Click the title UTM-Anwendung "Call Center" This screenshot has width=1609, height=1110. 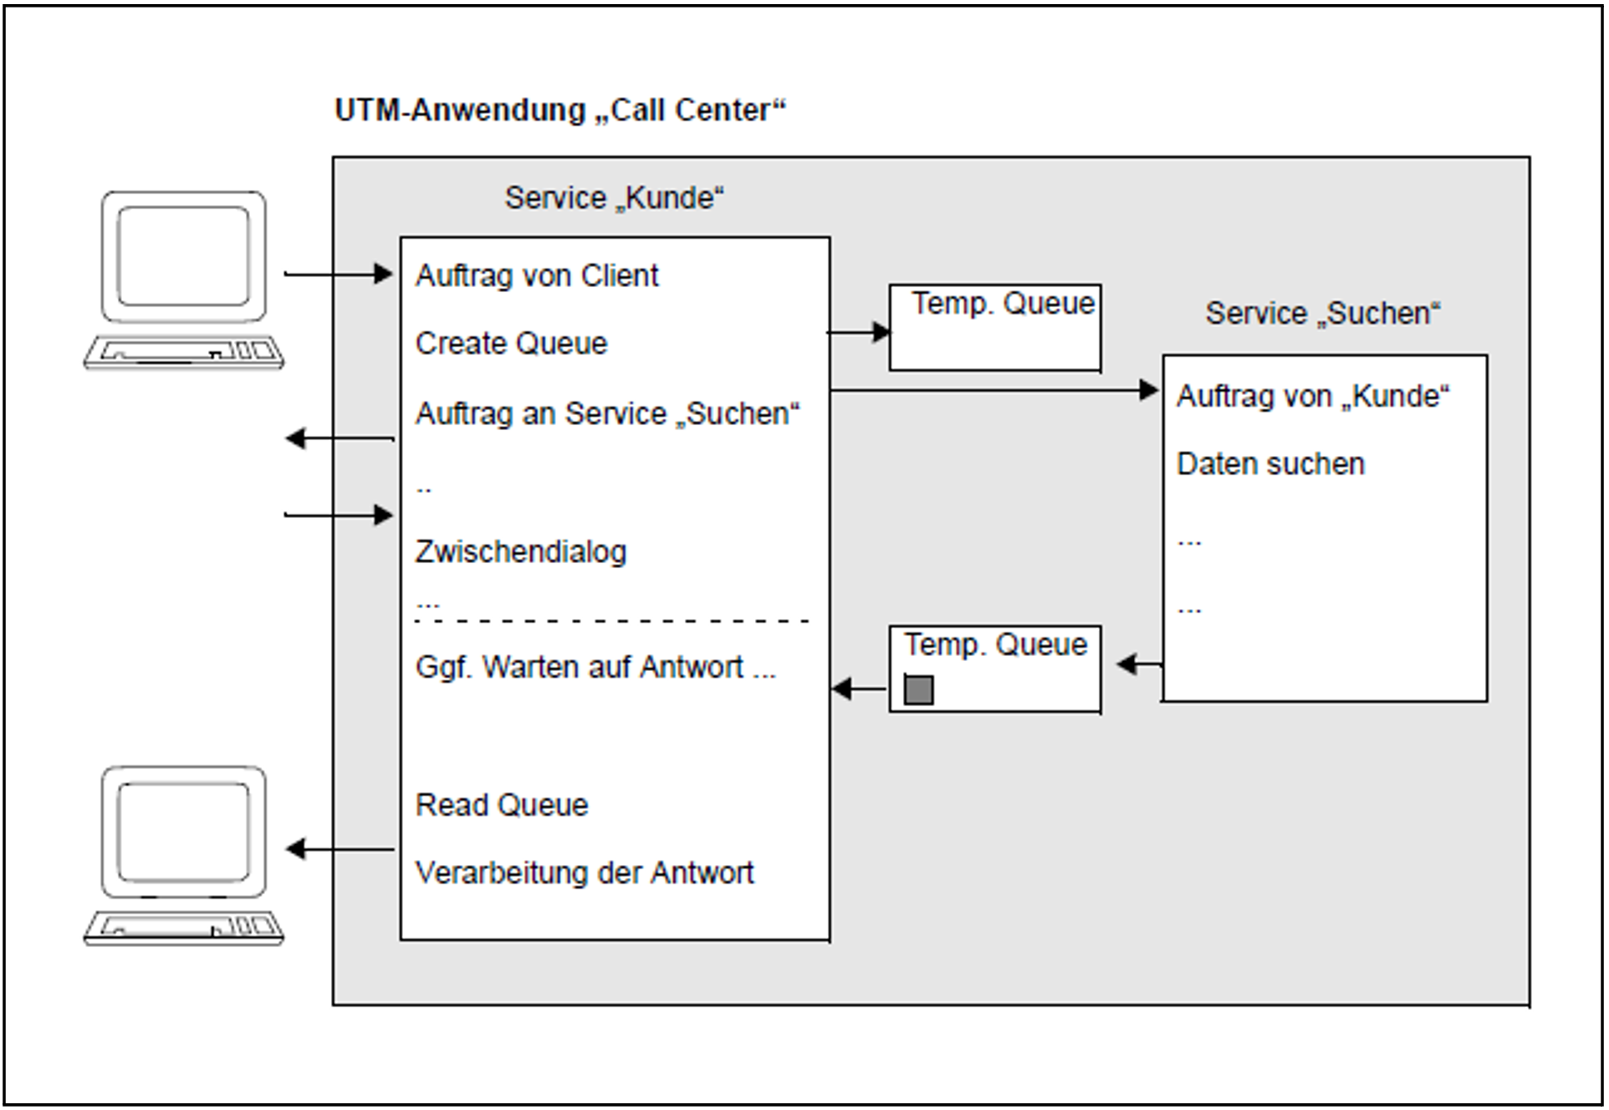(x=559, y=110)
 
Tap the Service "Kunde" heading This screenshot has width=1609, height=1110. (x=614, y=198)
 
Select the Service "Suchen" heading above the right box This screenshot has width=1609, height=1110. (x=1322, y=314)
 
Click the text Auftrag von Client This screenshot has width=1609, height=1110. (x=537, y=276)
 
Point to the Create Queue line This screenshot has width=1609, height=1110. (x=511, y=344)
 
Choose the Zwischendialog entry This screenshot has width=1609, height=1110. (x=520, y=552)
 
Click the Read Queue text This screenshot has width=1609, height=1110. (x=502, y=805)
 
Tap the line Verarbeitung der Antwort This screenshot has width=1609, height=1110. (x=584, y=873)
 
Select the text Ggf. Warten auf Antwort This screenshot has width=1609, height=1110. (x=595, y=668)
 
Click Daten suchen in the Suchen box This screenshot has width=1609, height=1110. (x=1270, y=464)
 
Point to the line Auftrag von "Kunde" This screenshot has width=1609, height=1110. (x=1312, y=396)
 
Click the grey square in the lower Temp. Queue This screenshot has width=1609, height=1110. (x=918, y=690)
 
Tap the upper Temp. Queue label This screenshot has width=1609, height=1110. (x=1002, y=304)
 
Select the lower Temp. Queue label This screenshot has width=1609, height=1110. (x=995, y=645)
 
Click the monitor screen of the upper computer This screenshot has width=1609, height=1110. (x=183, y=255)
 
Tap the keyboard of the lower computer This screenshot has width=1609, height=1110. (x=184, y=927)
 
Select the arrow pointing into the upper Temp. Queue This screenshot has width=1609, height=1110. (x=860, y=333)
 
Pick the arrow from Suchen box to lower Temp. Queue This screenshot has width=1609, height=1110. (x=1139, y=665)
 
